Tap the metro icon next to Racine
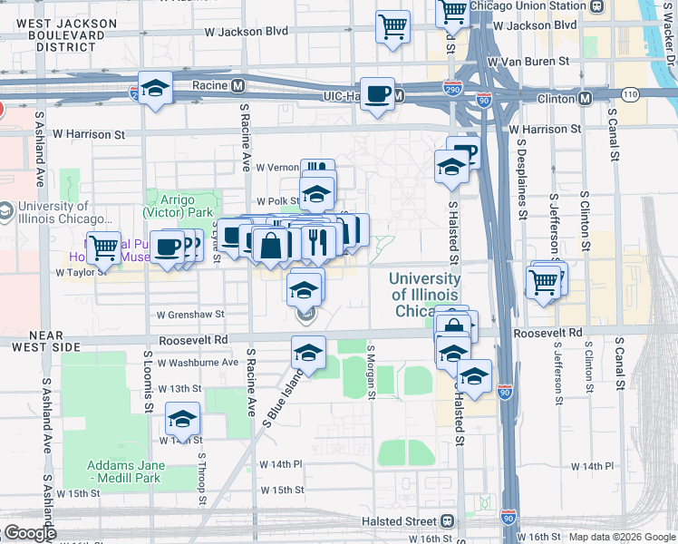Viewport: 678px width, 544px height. [237, 86]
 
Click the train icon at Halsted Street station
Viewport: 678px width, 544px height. [447, 521]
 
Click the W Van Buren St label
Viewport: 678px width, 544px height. [528, 62]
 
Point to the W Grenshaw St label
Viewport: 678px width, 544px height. [189, 315]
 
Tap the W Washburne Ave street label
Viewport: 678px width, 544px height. [197, 362]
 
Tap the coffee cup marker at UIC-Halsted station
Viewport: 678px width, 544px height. [378, 92]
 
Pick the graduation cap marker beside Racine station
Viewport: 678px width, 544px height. [156, 89]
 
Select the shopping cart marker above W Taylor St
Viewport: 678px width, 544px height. [104, 246]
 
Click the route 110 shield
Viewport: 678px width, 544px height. [630, 94]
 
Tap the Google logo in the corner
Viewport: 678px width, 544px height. [30, 533]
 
